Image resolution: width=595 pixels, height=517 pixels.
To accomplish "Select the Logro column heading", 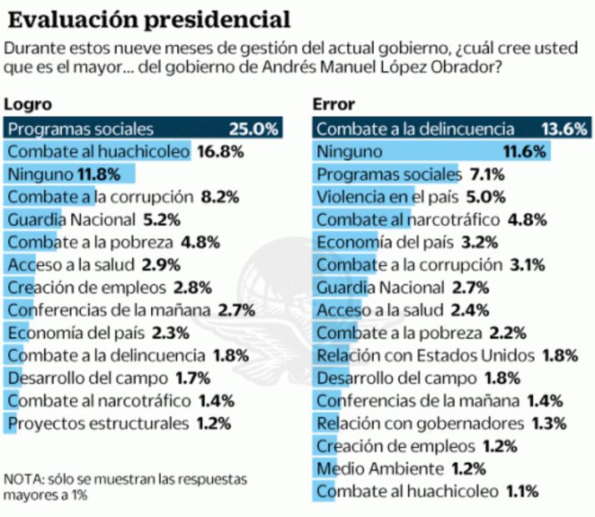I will tap(28, 105).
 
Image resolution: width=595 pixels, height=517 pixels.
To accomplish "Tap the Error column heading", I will tap(334, 105).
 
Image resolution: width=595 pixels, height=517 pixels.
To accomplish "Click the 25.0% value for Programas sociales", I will tap(253, 129).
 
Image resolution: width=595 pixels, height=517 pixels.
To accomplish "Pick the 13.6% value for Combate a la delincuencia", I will tap(566, 129).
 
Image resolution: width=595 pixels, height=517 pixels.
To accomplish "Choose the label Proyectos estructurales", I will tap(98, 423).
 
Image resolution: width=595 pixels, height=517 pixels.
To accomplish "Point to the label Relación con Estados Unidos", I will tap(426, 355).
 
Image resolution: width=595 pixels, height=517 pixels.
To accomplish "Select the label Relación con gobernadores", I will tap(421, 423).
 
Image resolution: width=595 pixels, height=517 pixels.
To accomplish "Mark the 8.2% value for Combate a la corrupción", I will tap(221, 197).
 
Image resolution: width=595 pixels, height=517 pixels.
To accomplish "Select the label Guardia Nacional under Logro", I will tap(70, 219).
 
